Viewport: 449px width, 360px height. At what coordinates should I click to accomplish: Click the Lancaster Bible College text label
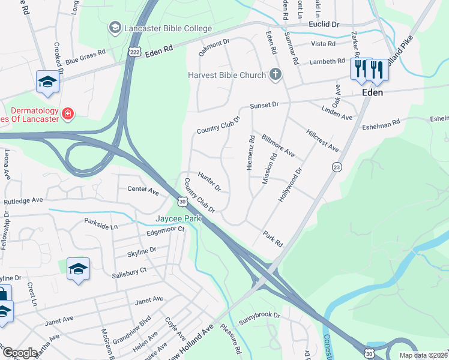click(x=168, y=28)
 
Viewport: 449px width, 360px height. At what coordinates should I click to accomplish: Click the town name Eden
click(x=372, y=93)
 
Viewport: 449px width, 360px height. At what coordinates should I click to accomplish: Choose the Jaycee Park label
click(x=178, y=219)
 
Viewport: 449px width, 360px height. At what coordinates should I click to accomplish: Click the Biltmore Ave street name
click(x=277, y=145)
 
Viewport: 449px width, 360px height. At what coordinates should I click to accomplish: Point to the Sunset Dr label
click(x=265, y=104)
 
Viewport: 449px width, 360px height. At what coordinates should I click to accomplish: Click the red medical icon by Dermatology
click(x=68, y=113)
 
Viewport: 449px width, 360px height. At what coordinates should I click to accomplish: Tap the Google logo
click(x=20, y=353)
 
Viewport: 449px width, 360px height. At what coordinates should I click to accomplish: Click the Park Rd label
click(x=272, y=239)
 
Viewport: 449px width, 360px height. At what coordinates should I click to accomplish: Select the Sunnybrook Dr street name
click(x=260, y=315)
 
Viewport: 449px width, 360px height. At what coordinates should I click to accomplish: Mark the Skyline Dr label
click(x=142, y=250)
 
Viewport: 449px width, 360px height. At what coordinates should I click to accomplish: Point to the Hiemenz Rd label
click(x=251, y=152)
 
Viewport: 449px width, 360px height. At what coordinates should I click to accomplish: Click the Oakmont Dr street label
click(x=214, y=47)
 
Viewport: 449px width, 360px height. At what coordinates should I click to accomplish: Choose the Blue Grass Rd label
click(x=85, y=56)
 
